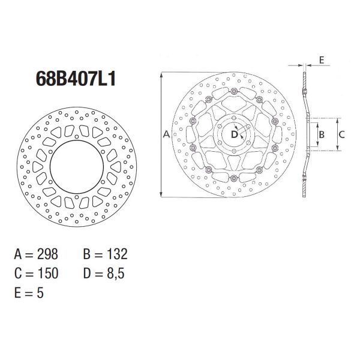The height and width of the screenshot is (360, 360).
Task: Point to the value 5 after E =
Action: click(x=40, y=293)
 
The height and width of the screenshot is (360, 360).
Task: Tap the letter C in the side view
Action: click(x=340, y=135)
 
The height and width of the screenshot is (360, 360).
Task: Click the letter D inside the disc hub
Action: click(x=235, y=134)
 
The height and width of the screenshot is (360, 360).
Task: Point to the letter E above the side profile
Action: click(x=322, y=60)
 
